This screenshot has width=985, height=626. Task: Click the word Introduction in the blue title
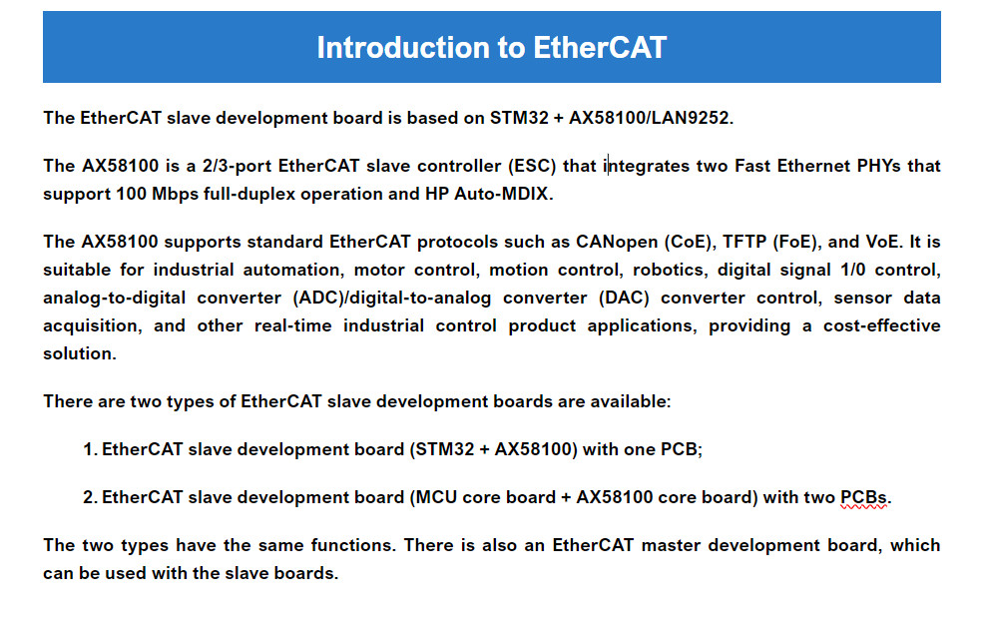pos(403,47)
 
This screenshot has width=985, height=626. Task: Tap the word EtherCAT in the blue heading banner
pos(600,47)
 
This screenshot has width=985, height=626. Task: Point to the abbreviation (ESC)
pos(533,166)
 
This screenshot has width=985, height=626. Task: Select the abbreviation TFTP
pos(744,242)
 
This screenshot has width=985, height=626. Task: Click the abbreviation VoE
pos(882,242)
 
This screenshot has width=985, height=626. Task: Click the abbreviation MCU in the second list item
pos(436,497)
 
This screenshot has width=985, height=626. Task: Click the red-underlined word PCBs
pos(864,497)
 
